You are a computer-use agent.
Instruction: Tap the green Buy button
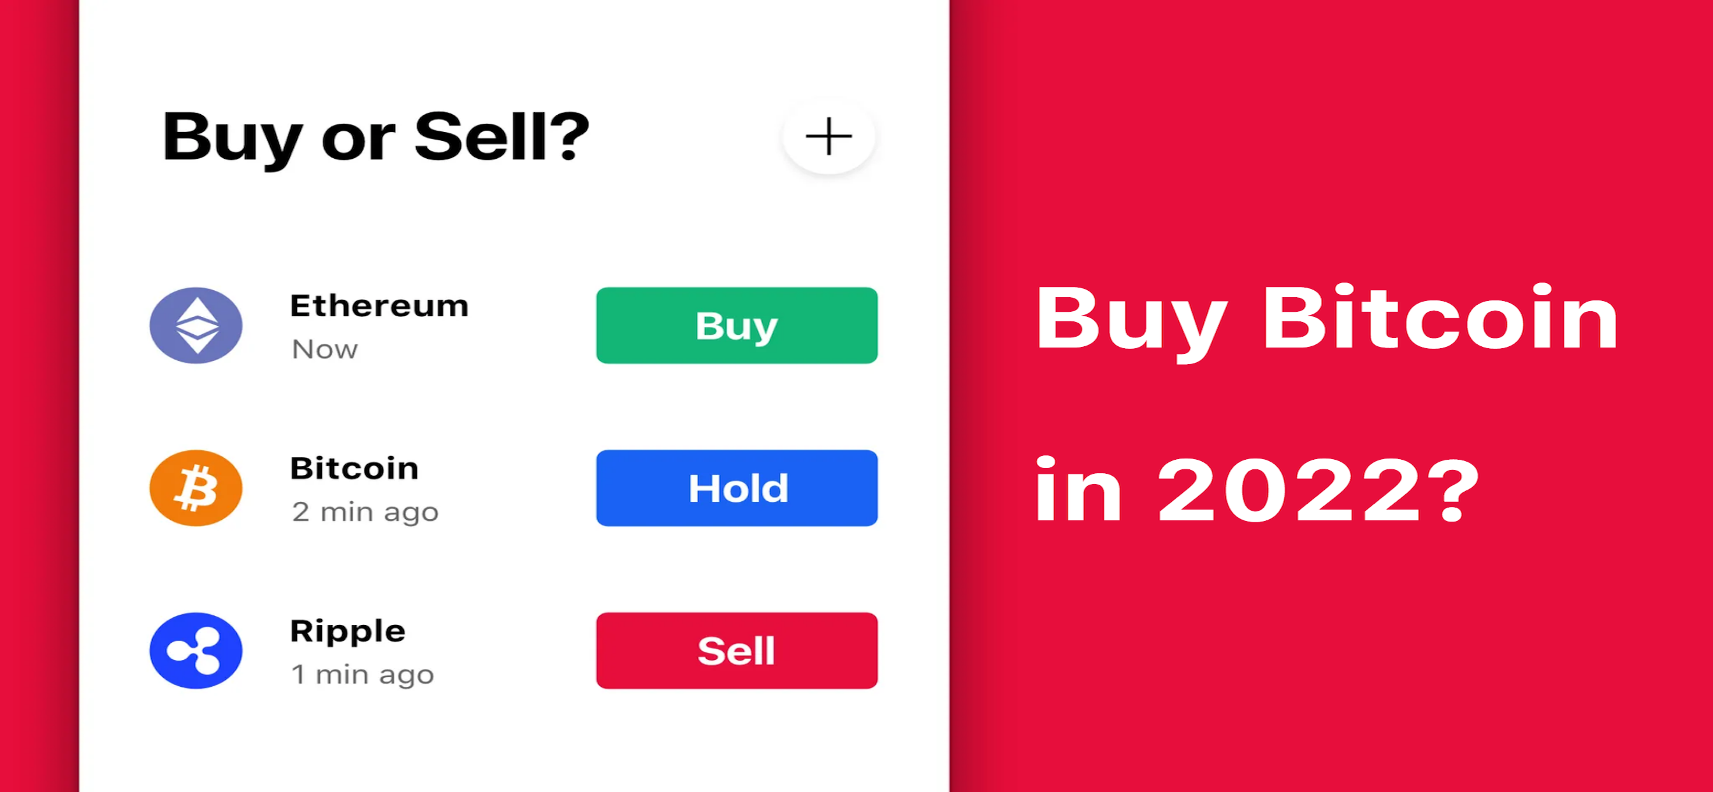[x=737, y=325]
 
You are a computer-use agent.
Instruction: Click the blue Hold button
[x=737, y=488]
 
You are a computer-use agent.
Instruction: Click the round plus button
[x=828, y=136]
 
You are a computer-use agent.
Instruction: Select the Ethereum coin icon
[x=196, y=325]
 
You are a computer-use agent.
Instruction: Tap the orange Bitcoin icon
[x=196, y=488]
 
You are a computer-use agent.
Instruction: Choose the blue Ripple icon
[x=196, y=650]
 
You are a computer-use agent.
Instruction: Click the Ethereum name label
[x=380, y=306]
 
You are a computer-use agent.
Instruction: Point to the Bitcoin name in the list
[x=354, y=468]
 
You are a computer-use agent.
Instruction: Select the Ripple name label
[x=348, y=631]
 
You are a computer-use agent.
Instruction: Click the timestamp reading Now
[x=325, y=349]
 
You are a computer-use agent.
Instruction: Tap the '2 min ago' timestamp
[x=366, y=513]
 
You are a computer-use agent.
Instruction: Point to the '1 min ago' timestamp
[x=363, y=675]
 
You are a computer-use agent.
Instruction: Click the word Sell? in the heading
[x=502, y=136]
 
